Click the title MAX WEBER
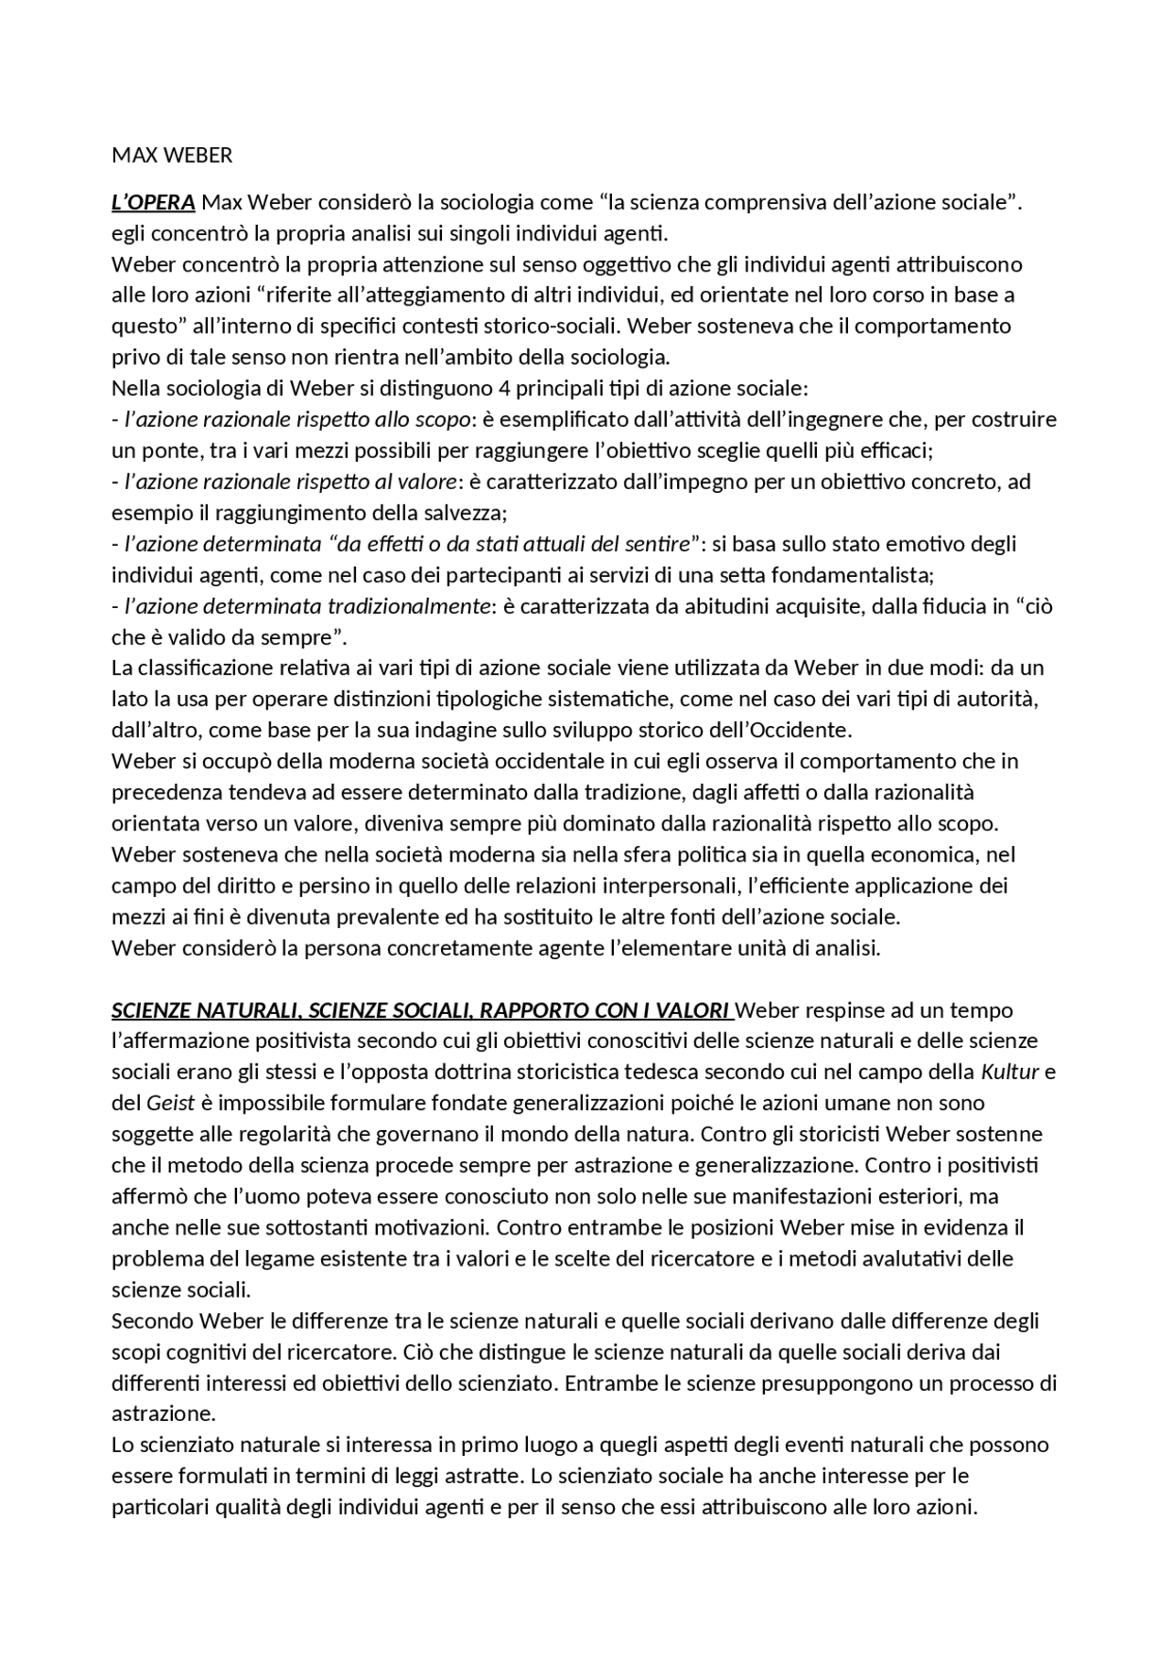(x=172, y=155)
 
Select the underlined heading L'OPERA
(x=153, y=202)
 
